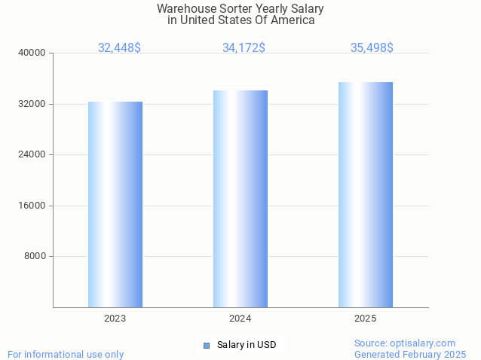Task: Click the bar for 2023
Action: click(115, 204)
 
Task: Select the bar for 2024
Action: click(240, 199)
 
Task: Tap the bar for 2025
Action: click(366, 194)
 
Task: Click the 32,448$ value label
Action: click(119, 48)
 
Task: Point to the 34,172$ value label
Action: click(244, 48)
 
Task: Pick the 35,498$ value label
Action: click(372, 48)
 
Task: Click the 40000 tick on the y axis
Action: click(32, 53)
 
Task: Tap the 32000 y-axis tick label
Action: click(32, 104)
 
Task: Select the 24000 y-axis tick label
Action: click(32, 155)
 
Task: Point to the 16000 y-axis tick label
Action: click(32, 206)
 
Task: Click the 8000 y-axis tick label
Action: click(35, 257)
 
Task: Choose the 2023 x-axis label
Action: click(115, 319)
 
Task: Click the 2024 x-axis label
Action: click(240, 319)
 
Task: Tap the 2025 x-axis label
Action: click(366, 319)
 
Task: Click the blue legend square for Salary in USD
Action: click(206, 346)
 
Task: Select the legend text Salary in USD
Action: click(247, 346)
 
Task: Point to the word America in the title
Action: click(293, 20)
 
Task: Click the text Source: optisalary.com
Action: click(405, 343)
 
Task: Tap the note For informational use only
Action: click(66, 355)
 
